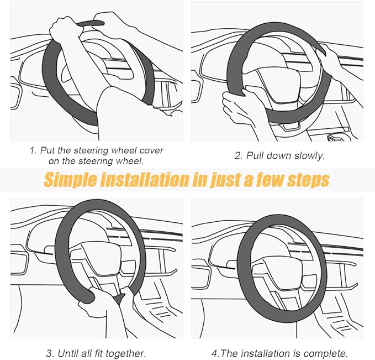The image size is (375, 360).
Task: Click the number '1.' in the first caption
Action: pyautogui.click(x=33, y=150)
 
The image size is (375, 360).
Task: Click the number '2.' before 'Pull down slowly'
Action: pyautogui.click(x=239, y=156)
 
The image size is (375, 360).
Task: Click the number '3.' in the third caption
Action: pyautogui.click(x=50, y=353)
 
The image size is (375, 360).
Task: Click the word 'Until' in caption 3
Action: pyautogui.click(x=66, y=353)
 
